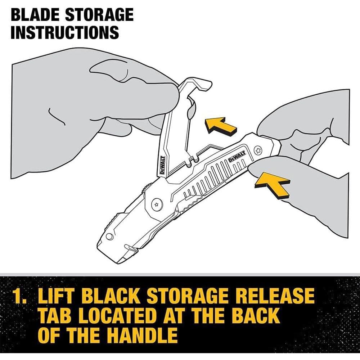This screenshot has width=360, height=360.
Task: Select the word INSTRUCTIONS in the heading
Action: (65, 32)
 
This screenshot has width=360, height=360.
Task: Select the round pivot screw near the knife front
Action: (157, 204)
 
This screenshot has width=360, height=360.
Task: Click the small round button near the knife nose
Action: (110, 237)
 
